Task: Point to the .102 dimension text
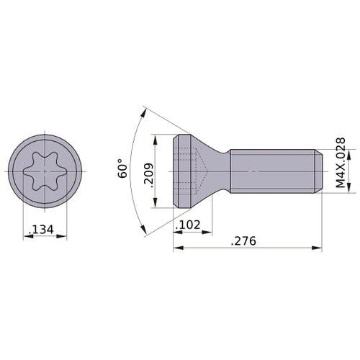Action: click(x=189, y=225)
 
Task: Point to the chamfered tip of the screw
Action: click(x=318, y=171)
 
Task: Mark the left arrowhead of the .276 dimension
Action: click(x=177, y=248)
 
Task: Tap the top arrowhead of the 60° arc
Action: click(x=145, y=110)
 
